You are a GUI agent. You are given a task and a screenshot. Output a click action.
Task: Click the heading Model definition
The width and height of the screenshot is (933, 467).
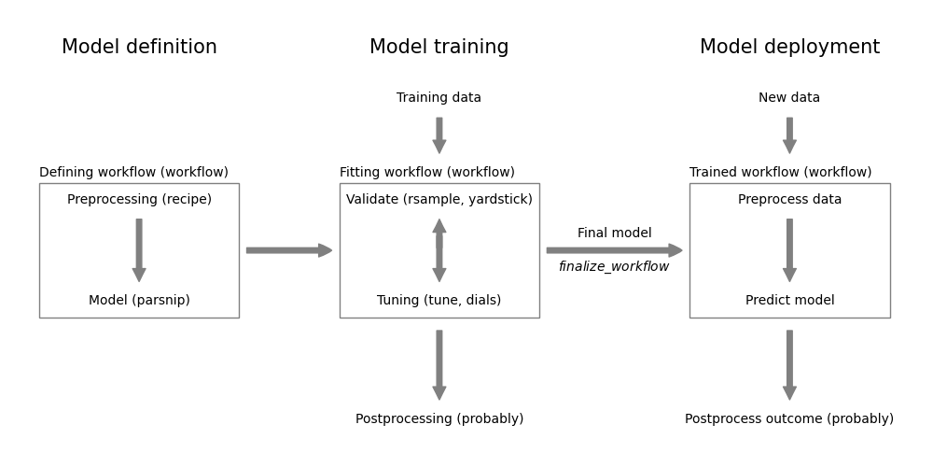click(139, 48)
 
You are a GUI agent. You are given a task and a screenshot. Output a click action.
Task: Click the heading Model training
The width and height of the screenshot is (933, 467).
click(439, 48)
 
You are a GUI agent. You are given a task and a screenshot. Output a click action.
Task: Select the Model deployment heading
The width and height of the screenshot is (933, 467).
click(789, 48)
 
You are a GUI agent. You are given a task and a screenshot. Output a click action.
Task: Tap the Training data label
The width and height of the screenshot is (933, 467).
click(439, 98)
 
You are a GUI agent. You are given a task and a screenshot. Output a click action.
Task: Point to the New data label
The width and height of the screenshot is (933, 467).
click(789, 98)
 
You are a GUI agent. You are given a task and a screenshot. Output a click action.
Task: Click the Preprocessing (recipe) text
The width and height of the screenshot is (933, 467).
click(139, 200)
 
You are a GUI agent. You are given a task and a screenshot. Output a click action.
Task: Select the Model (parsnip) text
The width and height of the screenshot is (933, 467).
click(139, 301)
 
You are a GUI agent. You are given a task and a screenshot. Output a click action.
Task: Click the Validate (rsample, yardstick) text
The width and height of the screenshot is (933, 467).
click(439, 200)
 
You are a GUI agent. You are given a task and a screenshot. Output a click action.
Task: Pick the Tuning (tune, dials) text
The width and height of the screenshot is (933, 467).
click(439, 301)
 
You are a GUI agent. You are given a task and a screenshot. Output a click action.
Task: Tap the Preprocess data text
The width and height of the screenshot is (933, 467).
click(789, 200)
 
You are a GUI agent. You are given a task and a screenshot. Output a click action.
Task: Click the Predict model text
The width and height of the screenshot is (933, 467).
click(789, 301)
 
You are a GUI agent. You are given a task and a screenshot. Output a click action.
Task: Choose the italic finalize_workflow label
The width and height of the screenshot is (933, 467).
click(614, 267)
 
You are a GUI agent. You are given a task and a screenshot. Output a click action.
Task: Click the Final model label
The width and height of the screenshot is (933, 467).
click(614, 233)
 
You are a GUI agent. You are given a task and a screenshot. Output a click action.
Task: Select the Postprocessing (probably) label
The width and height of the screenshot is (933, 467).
click(439, 419)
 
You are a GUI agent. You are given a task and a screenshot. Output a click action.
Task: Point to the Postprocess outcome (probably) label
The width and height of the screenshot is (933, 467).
click(789, 419)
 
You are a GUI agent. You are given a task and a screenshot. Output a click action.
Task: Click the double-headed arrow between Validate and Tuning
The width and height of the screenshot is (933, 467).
click(439, 250)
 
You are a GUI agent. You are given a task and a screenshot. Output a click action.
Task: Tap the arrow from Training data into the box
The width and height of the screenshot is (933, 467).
click(439, 135)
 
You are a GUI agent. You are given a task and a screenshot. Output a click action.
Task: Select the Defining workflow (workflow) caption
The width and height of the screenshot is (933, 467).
click(133, 173)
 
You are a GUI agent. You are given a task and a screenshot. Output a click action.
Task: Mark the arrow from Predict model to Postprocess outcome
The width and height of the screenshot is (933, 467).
click(789, 364)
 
